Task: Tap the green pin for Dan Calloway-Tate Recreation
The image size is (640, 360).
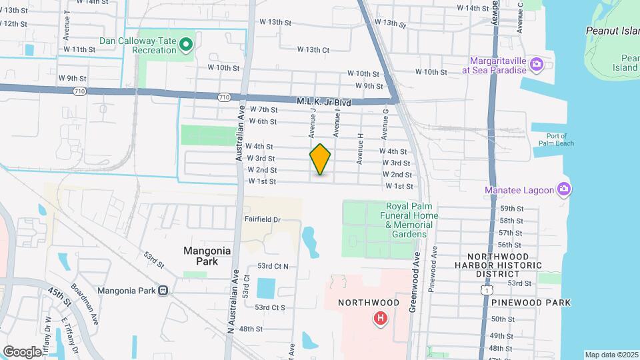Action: [187, 45]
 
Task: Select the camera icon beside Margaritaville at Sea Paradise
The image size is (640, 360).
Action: [537, 65]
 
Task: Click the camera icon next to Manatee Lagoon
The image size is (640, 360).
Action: [564, 190]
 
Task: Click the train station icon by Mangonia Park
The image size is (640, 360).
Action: [163, 290]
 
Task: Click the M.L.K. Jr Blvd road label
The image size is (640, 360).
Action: [324, 102]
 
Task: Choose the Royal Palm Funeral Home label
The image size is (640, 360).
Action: [411, 215]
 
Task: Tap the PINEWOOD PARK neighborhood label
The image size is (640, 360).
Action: [531, 302]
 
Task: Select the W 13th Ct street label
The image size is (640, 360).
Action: [313, 49]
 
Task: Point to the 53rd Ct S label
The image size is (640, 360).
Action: [270, 307]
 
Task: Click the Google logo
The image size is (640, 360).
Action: [23, 351]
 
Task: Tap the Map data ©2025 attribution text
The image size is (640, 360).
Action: [611, 355]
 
